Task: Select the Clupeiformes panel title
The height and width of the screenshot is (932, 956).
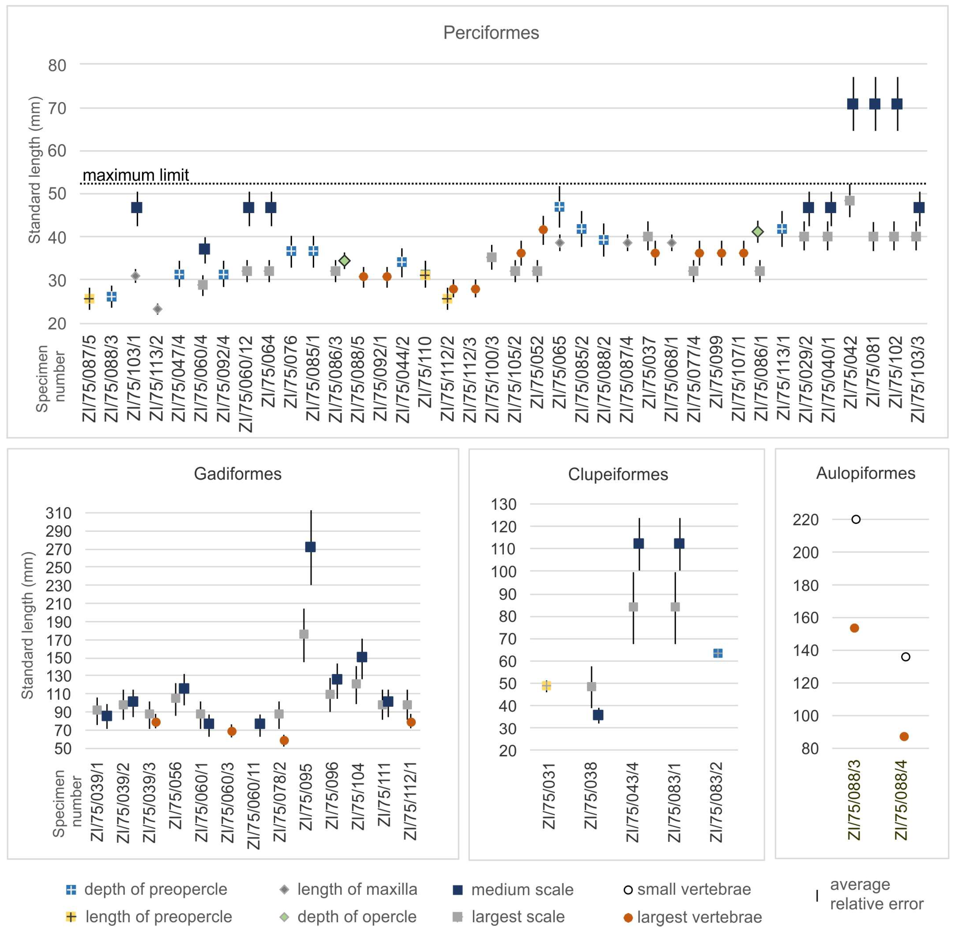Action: [x=618, y=474]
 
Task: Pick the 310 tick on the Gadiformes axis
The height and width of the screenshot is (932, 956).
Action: [x=58, y=513]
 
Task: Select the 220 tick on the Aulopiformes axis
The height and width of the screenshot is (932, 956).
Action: [x=805, y=519]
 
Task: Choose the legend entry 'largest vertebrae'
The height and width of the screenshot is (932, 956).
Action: [x=699, y=917]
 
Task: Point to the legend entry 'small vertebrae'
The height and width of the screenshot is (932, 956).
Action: [x=694, y=889]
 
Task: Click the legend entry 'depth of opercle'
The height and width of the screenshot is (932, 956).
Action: [x=356, y=917]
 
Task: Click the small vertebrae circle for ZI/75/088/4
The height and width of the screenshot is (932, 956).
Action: [x=905, y=657]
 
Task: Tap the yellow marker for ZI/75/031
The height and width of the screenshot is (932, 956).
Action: [x=546, y=686]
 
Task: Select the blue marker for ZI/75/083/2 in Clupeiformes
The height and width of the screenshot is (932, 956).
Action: [x=718, y=653]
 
